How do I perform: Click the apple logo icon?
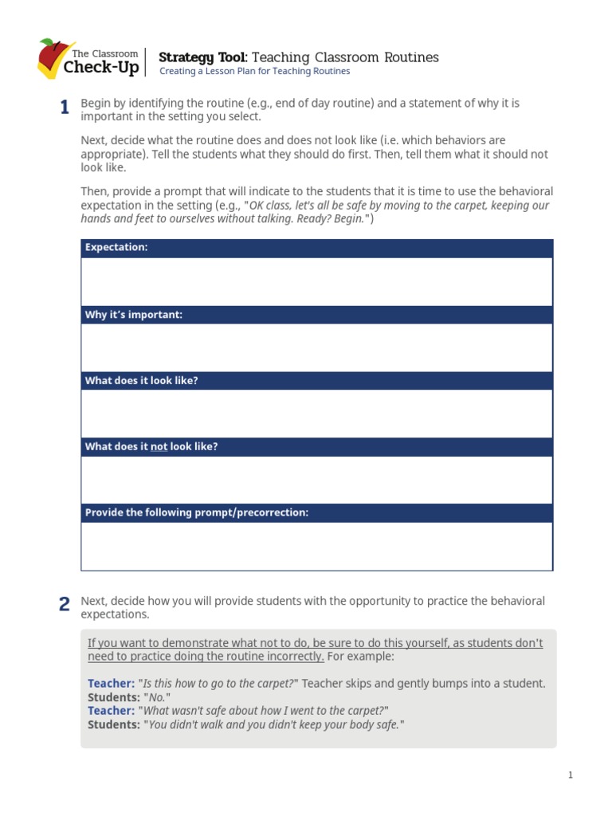click(x=53, y=57)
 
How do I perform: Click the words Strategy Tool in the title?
click(x=203, y=57)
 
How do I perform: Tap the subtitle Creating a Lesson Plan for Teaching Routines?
click(x=254, y=72)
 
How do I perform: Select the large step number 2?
click(x=64, y=606)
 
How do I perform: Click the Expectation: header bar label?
click(x=116, y=248)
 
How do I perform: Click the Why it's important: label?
click(x=134, y=315)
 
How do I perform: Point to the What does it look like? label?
click(x=141, y=381)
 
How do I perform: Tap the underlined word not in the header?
click(x=159, y=447)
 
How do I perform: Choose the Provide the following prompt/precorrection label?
click(x=196, y=512)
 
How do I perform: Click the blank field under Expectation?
click(x=316, y=281)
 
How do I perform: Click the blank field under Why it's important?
click(x=316, y=347)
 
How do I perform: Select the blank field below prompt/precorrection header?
click(x=316, y=546)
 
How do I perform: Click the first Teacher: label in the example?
click(x=111, y=684)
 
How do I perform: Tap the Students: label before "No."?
click(x=113, y=697)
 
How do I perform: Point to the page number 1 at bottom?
click(x=571, y=775)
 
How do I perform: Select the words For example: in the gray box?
click(x=361, y=657)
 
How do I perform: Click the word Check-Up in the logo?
click(x=100, y=68)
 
